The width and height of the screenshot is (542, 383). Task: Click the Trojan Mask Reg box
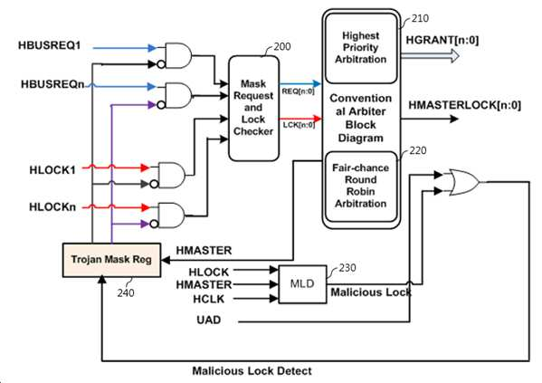111,260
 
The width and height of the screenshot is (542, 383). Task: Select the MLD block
302,284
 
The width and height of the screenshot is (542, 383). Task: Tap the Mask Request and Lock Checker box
253,109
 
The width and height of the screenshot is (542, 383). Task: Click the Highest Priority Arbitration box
361,48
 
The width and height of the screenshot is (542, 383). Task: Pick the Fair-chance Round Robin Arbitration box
361,187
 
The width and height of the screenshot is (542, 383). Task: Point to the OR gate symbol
464,182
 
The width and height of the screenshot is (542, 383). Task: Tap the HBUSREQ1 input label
50,45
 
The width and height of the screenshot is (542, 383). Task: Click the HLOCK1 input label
52,170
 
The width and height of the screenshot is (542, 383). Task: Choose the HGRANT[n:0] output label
442,40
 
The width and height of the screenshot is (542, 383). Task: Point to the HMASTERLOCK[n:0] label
464,105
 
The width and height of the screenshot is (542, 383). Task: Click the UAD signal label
209,320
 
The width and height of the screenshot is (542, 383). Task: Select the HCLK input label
209,299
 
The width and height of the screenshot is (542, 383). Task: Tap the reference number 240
126,293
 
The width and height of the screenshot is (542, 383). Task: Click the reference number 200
282,46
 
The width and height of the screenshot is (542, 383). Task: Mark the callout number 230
347,267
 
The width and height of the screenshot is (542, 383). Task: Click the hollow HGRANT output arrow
430,56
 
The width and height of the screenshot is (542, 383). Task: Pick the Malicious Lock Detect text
252,371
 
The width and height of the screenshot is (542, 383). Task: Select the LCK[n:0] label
299,125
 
